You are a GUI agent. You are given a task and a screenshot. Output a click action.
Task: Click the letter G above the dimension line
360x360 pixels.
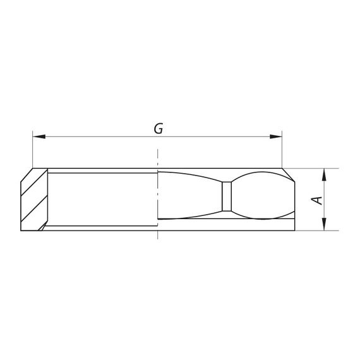159,129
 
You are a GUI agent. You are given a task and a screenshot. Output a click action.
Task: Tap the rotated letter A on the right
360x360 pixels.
316,200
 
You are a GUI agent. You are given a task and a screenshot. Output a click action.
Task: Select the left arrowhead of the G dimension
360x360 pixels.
39,136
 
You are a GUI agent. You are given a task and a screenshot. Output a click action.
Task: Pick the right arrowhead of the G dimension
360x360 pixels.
276,136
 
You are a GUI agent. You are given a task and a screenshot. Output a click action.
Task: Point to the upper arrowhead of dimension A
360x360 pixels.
324,175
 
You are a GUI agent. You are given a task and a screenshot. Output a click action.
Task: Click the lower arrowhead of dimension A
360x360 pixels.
324,224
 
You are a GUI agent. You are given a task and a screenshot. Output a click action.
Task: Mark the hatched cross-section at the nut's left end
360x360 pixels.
34,200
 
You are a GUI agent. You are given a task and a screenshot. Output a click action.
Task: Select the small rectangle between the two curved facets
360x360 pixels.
227,196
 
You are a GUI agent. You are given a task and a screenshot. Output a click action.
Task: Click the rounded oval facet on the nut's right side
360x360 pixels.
263,195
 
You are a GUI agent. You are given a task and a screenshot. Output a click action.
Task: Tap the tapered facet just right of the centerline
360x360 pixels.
189,195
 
